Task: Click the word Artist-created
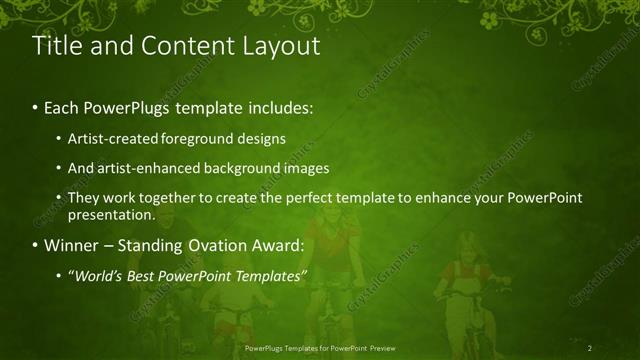(107, 138)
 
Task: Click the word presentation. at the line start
(111, 214)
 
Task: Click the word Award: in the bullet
(286, 245)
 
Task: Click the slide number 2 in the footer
(590, 347)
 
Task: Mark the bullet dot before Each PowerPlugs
(36, 107)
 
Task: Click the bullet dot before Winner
(36, 246)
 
